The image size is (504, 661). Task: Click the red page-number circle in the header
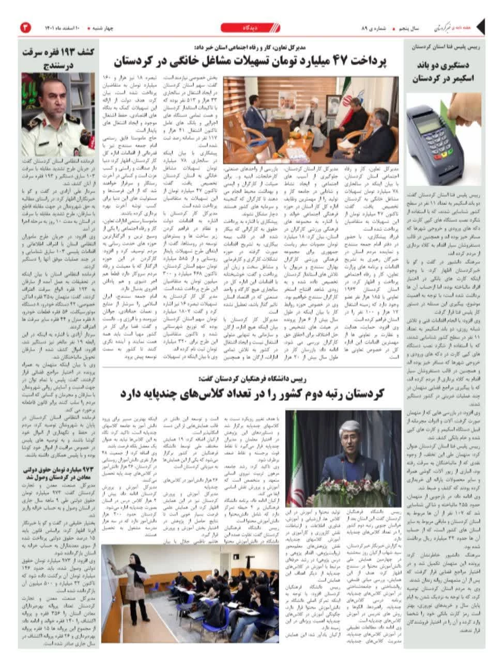click(x=25, y=27)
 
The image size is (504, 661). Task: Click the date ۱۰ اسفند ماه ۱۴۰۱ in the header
click(x=59, y=27)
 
